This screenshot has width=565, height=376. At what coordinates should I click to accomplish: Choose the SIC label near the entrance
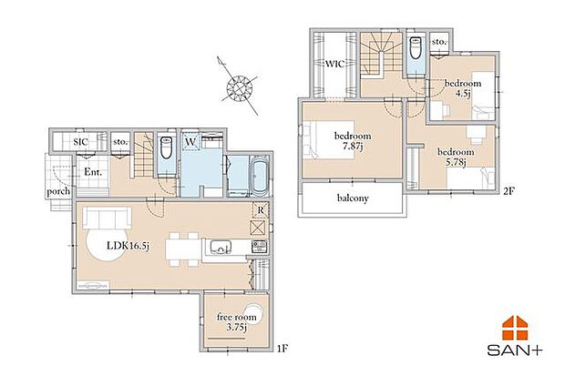81,142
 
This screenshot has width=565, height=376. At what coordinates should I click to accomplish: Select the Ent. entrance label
92,171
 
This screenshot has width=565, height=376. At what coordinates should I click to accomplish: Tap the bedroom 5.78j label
455,157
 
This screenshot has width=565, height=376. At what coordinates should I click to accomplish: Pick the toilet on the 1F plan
167,154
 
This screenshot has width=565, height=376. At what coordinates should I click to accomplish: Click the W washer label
192,142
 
